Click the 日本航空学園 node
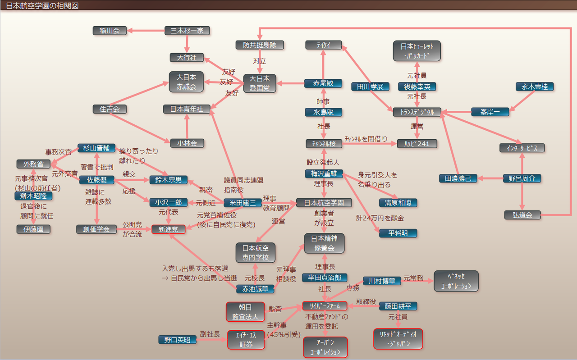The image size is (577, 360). click(x=324, y=203)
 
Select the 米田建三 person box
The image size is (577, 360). click(x=243, y=203)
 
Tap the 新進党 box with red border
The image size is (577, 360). click(x=168, y=229)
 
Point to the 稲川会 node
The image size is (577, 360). click(x=110, y=31)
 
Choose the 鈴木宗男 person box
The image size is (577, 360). click(x=168, y=180)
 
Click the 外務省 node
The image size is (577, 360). click(x=33, y=164)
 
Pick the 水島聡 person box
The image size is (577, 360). click(x=323, y=112)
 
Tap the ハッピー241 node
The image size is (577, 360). click(x=417, y=143)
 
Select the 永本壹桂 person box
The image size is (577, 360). click(x=535, y=87)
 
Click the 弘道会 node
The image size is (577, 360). click(x=522, y=215)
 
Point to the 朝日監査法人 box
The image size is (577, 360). click(x=245, y=312)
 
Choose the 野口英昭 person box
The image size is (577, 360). click(x=178, y=340)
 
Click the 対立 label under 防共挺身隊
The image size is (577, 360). click(x=259, y=60)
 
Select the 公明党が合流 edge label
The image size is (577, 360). click(x=132, y=229)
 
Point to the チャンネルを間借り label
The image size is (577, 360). click(x=366, y=139)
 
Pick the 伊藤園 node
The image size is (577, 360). click(x=33, y=229)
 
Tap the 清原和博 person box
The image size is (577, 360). click(x=398, y=203)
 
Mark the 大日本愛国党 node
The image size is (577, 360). click(x=259, y=84)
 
